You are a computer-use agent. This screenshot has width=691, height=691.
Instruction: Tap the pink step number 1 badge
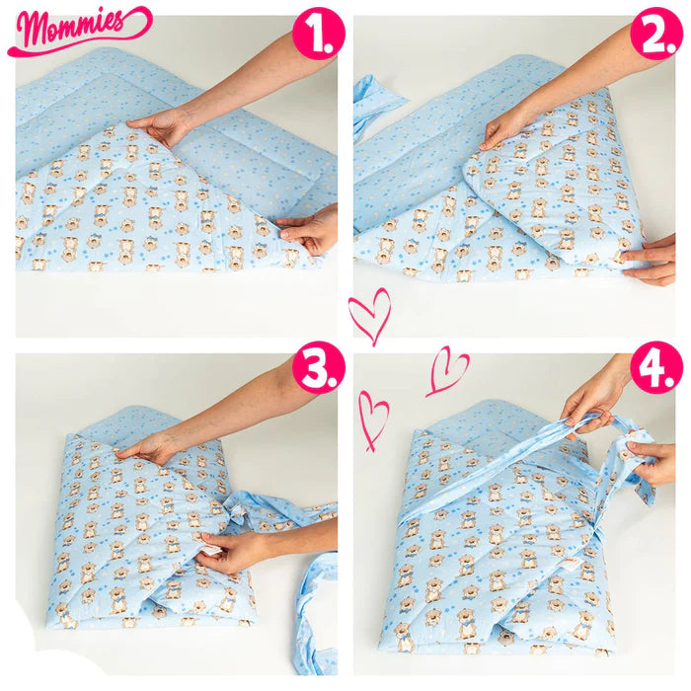318,34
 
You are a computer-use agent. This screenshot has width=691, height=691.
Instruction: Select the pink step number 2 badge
656,34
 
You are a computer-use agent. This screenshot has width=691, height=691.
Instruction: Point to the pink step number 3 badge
318,367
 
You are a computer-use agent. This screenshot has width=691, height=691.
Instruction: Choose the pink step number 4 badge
656,367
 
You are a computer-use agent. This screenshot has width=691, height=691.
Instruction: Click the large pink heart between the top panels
370,314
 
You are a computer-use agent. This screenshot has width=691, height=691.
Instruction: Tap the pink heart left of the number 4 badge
446,371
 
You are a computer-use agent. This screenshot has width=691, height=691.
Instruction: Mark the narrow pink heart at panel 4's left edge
373,420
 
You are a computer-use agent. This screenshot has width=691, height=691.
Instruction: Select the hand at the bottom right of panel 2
650,261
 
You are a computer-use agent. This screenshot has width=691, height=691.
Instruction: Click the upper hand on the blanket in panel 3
148,449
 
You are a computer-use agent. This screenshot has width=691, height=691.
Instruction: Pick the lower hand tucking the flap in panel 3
231,550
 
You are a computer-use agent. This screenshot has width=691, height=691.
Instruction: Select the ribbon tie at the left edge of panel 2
374,106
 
